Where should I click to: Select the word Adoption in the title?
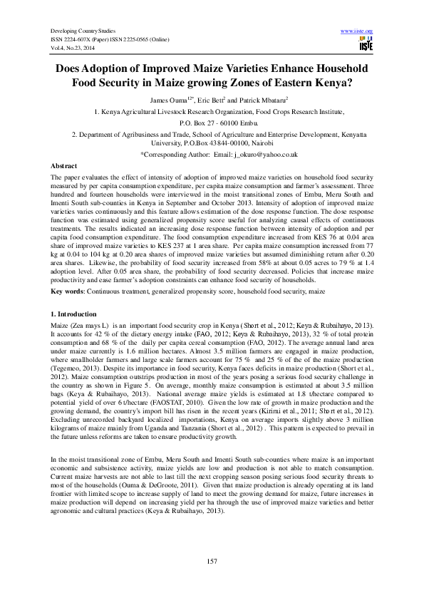click(115, 69)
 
